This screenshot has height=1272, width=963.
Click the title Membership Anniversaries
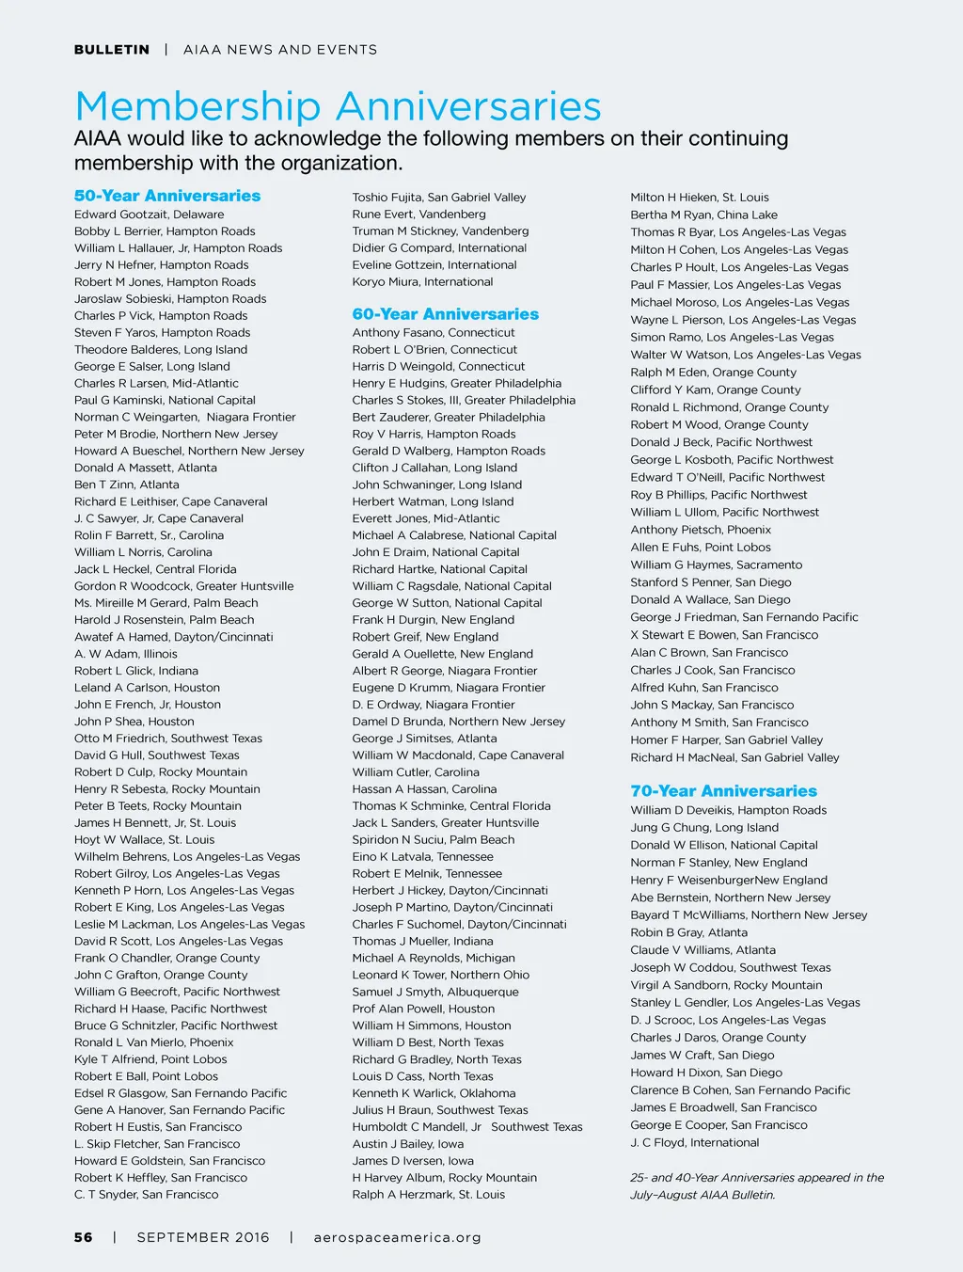click(338, 106)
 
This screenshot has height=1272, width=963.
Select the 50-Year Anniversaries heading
click(167, 196)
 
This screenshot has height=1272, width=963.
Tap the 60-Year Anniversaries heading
click(446, 314)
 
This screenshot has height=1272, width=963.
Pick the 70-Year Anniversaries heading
click(723, 791)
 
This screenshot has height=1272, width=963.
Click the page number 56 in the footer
click(84, 1237)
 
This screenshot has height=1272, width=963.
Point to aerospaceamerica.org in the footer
click(397, 1237)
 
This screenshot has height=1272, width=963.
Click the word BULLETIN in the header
click(112, 50)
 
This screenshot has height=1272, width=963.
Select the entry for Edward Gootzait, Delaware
click(149, 215)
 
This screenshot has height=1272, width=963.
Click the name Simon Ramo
click(668, 337)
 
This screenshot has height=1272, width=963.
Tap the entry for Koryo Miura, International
click(422, 282)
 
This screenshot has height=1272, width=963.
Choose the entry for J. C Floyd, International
click(694, 1143)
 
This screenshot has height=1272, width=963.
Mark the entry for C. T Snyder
click(146, 1195)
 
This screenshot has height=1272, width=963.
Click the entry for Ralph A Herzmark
click(428, 1195)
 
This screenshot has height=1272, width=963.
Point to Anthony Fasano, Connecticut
click(434, 333)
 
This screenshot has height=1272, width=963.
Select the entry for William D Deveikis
click(728, 810)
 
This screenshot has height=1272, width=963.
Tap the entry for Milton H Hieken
click(699, 198)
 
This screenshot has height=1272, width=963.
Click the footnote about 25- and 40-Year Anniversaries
click(756, 1186)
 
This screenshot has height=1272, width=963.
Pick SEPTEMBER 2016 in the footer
click(203, 1237)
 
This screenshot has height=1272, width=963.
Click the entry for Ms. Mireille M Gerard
click(166, 603)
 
